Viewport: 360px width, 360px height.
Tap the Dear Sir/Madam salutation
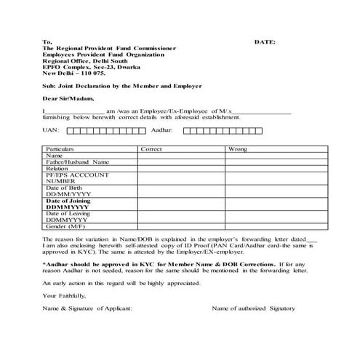pos(68,97)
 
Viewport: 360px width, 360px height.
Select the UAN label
pos(51,130)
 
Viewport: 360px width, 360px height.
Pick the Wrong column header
pos(237,148)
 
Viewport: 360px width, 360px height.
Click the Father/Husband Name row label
pos(77,161)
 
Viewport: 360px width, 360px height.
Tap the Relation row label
pos(57,168)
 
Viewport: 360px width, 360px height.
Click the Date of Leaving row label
pos(68,213)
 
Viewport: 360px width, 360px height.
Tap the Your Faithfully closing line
pos(65,295)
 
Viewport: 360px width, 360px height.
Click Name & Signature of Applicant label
pos(87,308)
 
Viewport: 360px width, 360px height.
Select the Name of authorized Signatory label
pos(253,308)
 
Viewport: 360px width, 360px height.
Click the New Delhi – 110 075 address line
pos(73,73)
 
